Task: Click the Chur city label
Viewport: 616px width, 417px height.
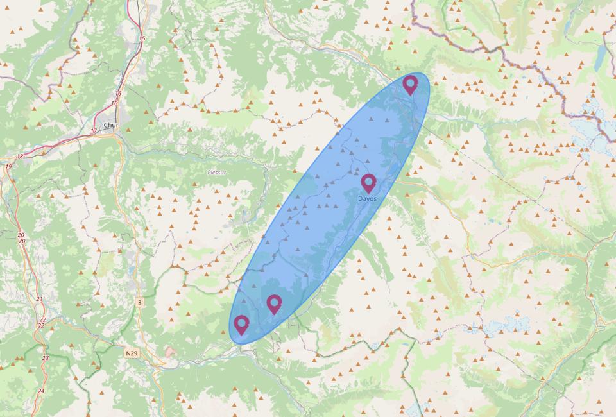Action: click(x=110, y=125)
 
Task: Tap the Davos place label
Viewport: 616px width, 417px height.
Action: click(x=368, y=199)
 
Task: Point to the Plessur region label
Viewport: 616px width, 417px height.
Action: click(x=217, y=172)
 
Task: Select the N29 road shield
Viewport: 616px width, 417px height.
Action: click(x=132, y=353)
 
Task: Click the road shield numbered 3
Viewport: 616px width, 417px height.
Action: click(x=139, y=302)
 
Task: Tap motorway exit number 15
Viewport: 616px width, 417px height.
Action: click(x=142, y=39)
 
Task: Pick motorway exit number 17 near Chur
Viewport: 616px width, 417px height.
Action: click(x=94, y=132)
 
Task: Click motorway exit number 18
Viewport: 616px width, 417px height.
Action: click(x=19, y=157)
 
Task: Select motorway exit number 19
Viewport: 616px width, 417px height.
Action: click(x=8, y=167)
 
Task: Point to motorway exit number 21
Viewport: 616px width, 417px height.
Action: click(x=40, y=300)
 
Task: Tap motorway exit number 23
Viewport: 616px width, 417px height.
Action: click(x=45, y=358)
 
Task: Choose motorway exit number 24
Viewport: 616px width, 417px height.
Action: click(x=41, y=391)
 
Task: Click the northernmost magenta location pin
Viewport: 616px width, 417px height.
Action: click(x=410, y=84)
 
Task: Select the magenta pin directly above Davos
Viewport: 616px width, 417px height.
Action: click(x=368, y=183)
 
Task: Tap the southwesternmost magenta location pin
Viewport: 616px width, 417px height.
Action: click(x=241, y=325)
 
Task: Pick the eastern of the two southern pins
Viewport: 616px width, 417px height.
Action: click(x=274, y=303)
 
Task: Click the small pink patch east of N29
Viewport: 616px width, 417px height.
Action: click(x=169, y=352)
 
